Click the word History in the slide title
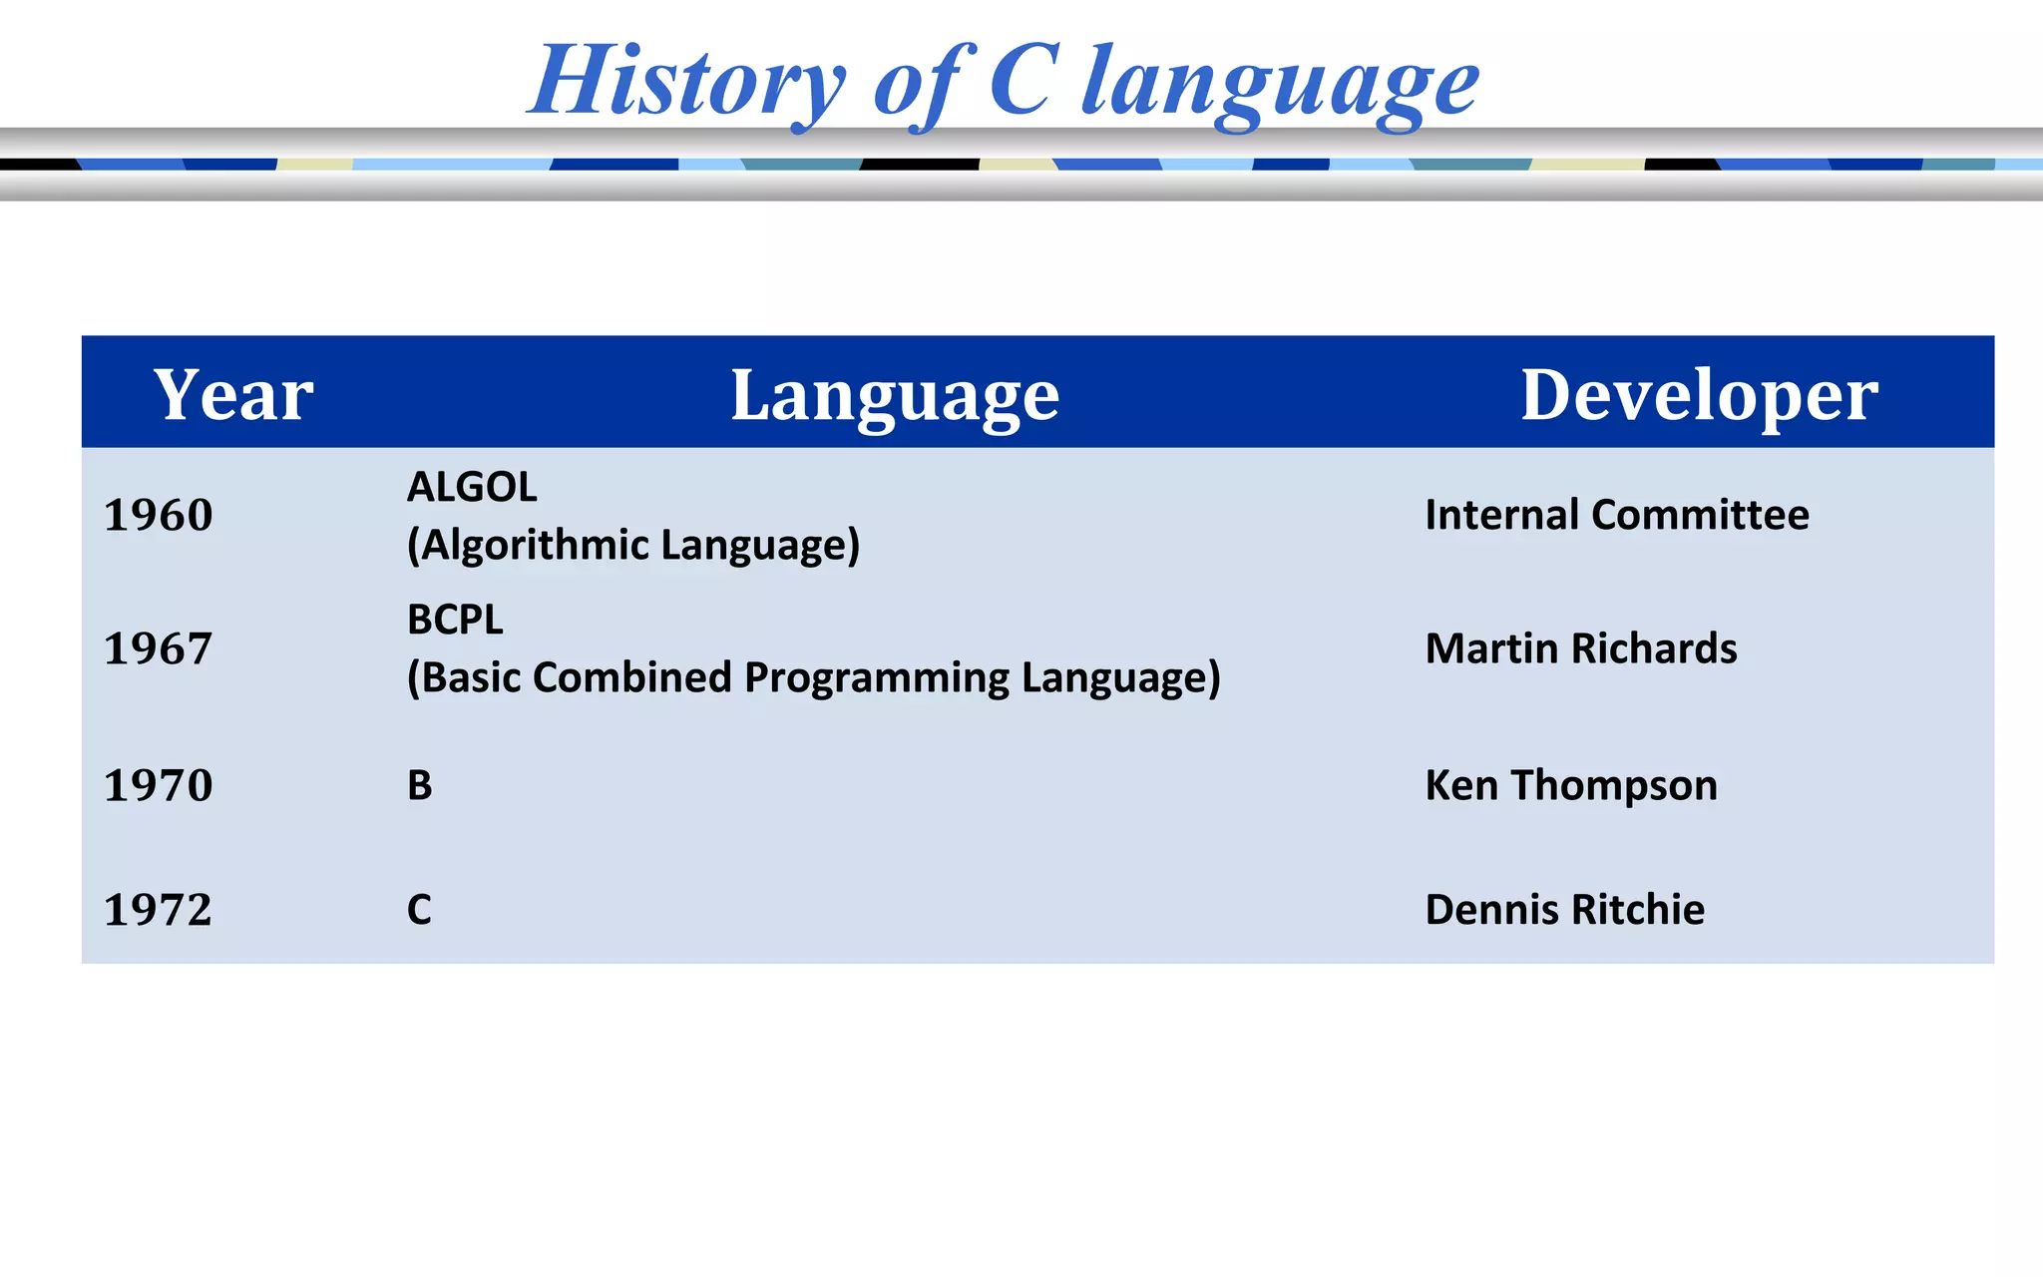coord(686,82)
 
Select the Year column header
coord(233,395)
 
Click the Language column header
coord(895,395)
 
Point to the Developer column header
coord(1698,395)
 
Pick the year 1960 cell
coord(159,516)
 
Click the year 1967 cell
coord(159,649)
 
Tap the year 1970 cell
coord(159,786)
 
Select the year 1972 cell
coord(159,910)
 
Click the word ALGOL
coord(472,488)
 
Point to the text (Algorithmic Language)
coord(633,546)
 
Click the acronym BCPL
coord(455,621)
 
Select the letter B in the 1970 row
coord(420,786)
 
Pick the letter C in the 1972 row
coord(420,910)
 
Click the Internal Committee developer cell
coord(1616,516)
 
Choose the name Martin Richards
coord(1580,649)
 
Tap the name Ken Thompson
coord(1570,786)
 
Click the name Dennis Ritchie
coord(1564,910)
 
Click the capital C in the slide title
coord(1021,80)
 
